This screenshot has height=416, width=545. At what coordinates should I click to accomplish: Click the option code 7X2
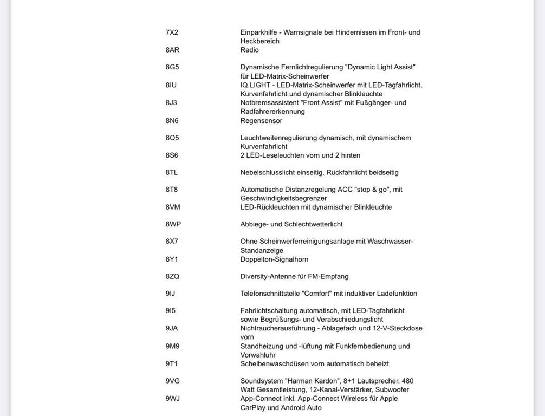[172, 32]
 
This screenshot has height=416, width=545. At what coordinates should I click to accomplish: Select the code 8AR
[172, 50]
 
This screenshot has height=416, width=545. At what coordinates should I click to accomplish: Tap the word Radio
[250, 50]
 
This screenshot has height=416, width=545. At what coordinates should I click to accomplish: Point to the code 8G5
[172, 67]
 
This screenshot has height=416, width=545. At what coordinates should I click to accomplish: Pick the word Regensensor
[261, 121]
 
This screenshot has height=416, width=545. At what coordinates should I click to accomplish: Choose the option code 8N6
[172, 121]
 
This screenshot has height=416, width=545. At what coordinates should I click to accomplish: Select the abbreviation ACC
[345, 190]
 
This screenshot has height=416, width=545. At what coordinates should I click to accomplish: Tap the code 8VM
[173, 207]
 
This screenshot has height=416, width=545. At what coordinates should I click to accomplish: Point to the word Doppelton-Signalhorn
[274, 259]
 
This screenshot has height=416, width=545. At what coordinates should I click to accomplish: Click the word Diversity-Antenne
[268, 276]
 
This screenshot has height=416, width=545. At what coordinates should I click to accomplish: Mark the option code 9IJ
[170, 294]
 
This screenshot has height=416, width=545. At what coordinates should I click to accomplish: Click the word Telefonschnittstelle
[273, 294]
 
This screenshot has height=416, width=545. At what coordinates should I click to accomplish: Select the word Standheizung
[262, 346]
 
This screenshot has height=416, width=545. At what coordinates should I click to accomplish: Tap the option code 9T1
[171, 364]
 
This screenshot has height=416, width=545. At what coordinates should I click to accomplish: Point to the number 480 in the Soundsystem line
[407, 381]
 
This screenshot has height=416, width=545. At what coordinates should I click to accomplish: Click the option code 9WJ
[172, 399]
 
